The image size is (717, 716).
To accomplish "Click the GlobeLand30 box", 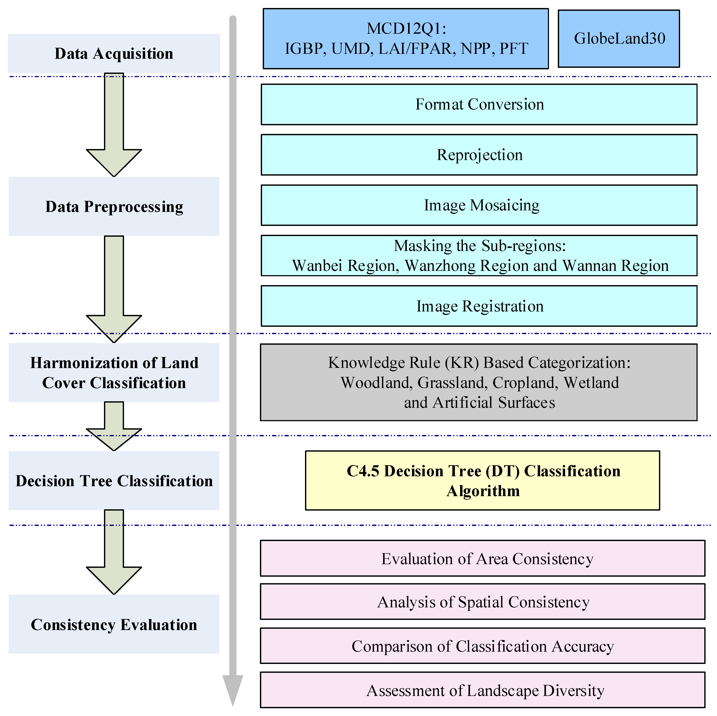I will point(619,39).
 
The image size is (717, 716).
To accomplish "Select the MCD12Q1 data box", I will point(406,39).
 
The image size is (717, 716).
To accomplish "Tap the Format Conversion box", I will point(479,104).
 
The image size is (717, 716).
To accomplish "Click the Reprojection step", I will point(479,155).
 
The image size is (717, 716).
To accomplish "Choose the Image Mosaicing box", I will point(479,205).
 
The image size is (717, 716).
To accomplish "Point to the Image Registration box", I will point(479,306).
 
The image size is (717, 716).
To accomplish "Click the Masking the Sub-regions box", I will point(479,256).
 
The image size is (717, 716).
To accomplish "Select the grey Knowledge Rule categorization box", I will point(479,382).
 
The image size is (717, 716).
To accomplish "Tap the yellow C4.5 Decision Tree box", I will point(483,480).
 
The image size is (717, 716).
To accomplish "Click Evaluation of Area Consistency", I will point(483,559).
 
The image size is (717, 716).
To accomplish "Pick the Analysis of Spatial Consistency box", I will point(483,602).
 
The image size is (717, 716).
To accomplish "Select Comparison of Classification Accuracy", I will point(483,646).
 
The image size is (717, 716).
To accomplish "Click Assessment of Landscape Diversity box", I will point(483,690).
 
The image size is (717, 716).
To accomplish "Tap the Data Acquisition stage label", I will point(114,54).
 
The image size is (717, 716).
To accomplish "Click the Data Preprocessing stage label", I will point(114,206).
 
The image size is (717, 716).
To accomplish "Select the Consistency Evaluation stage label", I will point(114,625).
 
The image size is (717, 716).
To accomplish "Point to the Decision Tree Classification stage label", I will point(114,481).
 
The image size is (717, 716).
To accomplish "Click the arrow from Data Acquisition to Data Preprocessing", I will point(114,126).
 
